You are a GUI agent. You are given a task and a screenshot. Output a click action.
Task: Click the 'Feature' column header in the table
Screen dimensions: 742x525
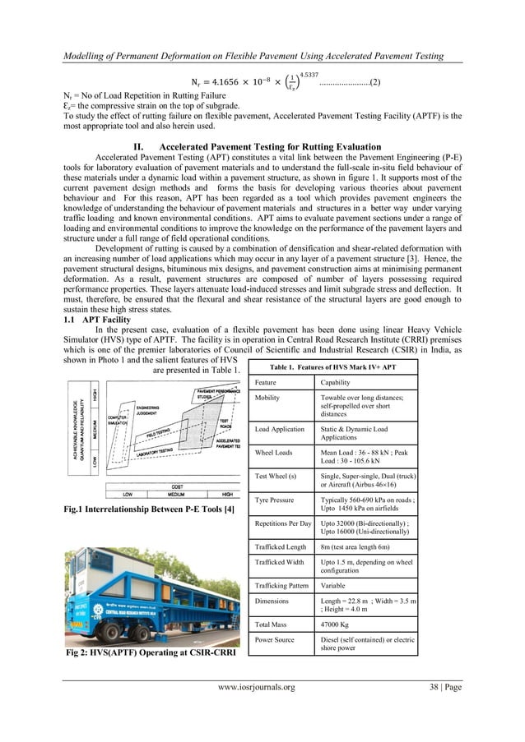pos(266,382)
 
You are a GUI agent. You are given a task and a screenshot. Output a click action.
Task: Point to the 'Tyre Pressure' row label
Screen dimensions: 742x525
pos(276,499)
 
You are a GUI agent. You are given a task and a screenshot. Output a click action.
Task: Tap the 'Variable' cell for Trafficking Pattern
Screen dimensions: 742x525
pos(335,586)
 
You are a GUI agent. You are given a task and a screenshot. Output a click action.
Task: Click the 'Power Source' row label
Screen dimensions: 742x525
pos(276,640)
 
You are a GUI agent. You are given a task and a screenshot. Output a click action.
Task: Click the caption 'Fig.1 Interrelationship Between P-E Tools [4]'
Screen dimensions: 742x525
pos(150,510)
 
